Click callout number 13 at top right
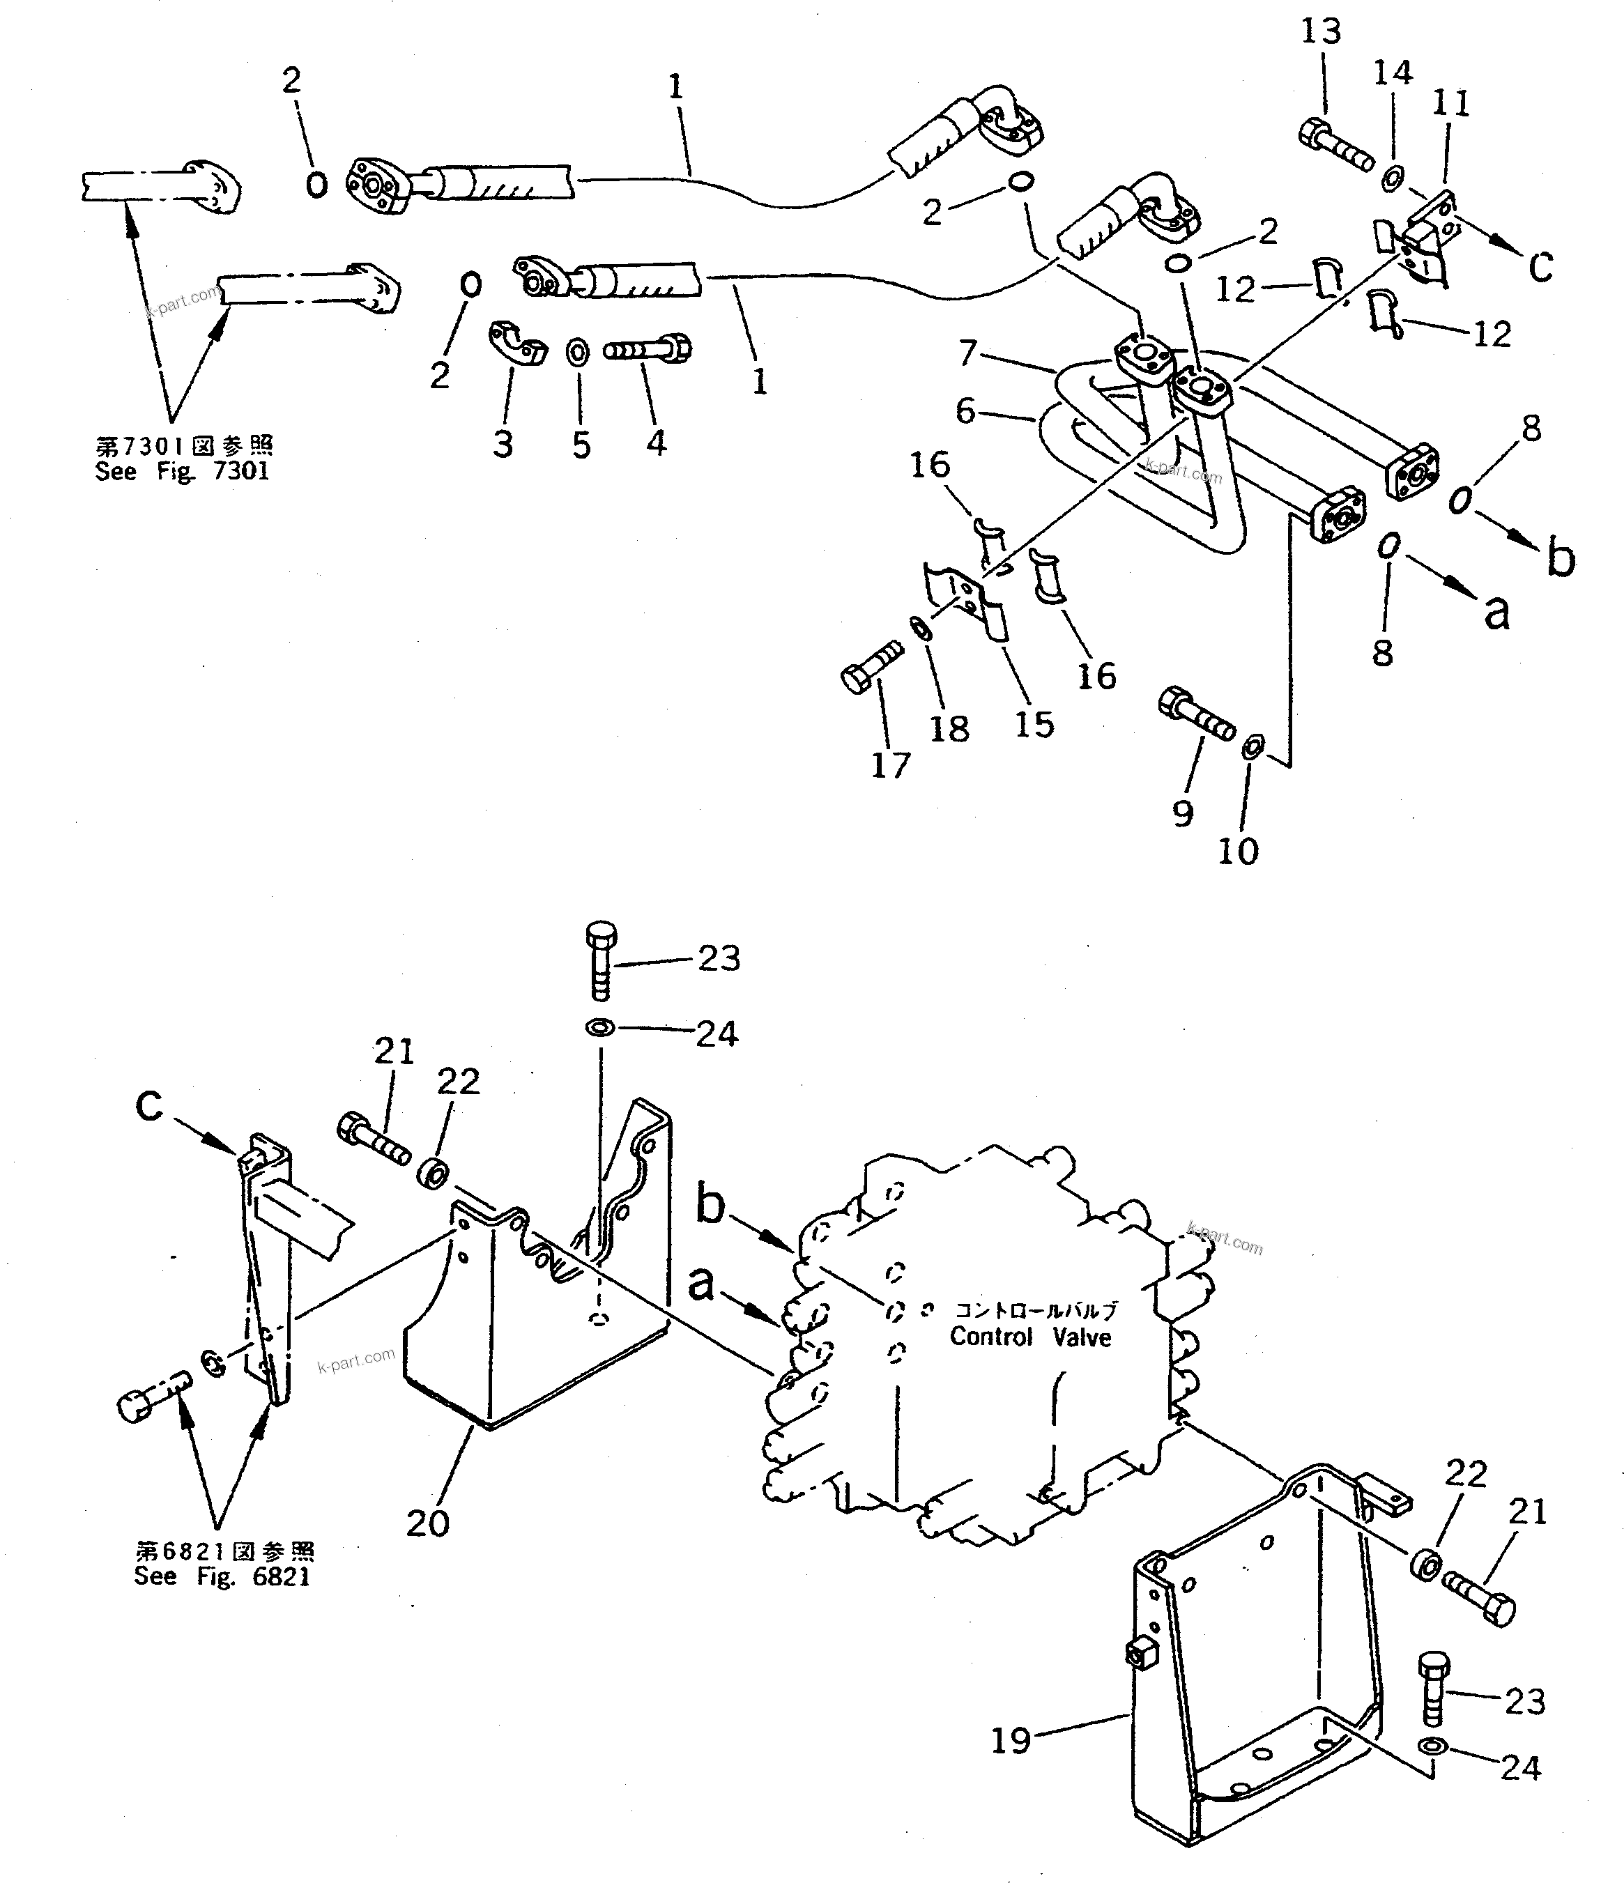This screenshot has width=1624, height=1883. (x=1321, y=32)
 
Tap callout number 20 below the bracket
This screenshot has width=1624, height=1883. (x=427, y=1524)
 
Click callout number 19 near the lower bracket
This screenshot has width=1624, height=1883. (x=1011, y=1740)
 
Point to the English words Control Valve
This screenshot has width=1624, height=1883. (x=1031, y=1338)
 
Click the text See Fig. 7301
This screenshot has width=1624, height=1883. (x=182, y=471)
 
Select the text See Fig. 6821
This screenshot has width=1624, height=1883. (x=222, y=1576)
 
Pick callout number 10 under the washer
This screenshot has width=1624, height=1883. (x=1238, y=852)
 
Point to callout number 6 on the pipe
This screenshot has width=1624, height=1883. (x=965, y=410)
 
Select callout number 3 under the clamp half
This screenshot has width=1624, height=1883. (x=503, y=445)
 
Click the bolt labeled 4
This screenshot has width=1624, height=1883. (x=647, y=349)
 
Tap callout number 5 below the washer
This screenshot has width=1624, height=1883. (x=581, y=445)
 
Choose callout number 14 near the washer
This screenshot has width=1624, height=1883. (x=1393, y=72)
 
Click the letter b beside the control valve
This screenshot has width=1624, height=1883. (x=710, y=1204)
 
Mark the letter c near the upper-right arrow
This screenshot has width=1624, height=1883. (x=1540, y=266)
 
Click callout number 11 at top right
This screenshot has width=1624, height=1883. (x=1450, y=104)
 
